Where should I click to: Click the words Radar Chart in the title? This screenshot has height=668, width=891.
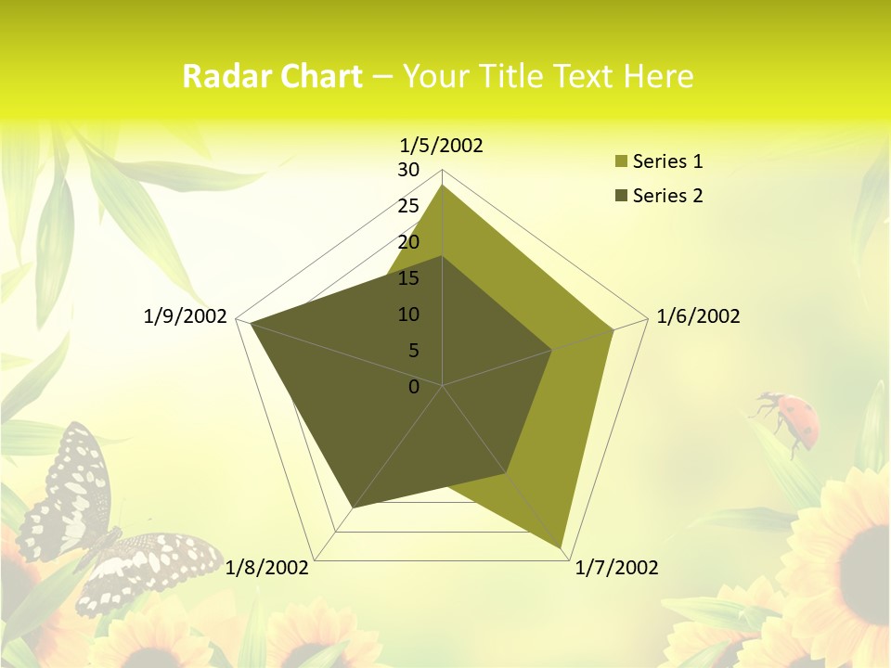click(272, 76)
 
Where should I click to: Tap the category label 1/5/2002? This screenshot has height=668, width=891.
click(441, 145)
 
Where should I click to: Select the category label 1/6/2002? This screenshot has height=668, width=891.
click(698, 316)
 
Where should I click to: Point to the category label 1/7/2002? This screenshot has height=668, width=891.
click(616, 568)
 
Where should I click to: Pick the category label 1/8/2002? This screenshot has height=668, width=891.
click(267, 568)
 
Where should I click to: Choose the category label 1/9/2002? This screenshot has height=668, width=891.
click(186, 316)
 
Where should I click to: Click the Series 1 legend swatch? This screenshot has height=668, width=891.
click(619, 162)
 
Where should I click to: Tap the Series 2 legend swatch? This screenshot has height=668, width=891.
click(619, 196)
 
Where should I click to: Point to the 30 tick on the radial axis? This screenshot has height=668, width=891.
click(408, 170)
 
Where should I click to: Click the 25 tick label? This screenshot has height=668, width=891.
click(408, 206)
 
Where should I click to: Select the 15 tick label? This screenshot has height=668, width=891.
click(408, 278)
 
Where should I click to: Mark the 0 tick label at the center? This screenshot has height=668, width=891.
click(414, 387)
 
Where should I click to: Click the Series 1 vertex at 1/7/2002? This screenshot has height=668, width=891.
click(562, 547)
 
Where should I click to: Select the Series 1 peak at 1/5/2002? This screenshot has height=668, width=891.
click(443, 186)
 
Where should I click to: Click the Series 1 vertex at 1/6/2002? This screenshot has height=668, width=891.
click(613, 329)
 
